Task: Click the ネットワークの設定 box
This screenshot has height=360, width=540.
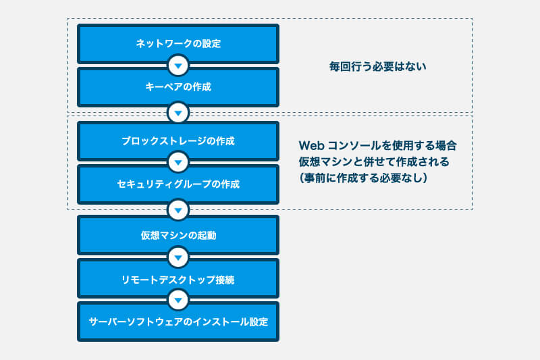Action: coord(178,44)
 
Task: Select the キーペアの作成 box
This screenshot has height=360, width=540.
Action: coord(178,87)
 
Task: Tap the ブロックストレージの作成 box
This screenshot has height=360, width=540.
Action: coord(178,141)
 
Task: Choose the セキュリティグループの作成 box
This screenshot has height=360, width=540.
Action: coord(178,184)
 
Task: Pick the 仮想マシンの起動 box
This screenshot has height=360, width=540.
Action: coord(178,235)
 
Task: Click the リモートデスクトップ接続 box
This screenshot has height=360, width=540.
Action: coord(178,279)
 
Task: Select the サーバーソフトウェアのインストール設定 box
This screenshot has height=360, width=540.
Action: coord(178,322)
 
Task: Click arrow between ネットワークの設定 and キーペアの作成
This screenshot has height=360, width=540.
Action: coord(178,66)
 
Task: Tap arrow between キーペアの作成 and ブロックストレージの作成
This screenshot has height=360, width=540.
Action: coord(178,113)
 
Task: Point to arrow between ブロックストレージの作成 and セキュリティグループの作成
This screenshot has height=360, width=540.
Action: coord(178,162)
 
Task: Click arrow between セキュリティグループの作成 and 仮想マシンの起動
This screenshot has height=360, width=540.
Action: coord(178,210)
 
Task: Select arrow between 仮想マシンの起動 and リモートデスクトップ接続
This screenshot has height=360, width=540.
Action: coord(178,257)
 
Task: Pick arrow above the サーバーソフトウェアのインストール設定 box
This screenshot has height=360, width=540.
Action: coord(178,300)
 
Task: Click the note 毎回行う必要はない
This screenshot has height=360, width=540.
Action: coord(377,66)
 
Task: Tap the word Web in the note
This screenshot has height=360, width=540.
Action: coord(311,146)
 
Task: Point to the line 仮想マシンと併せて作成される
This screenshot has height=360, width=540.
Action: coord(374,161)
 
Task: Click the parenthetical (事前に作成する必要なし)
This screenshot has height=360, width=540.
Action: coord(363,178)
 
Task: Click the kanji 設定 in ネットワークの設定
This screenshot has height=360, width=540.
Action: coord(211,44)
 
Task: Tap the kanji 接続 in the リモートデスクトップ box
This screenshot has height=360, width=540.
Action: coord(225,280)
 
